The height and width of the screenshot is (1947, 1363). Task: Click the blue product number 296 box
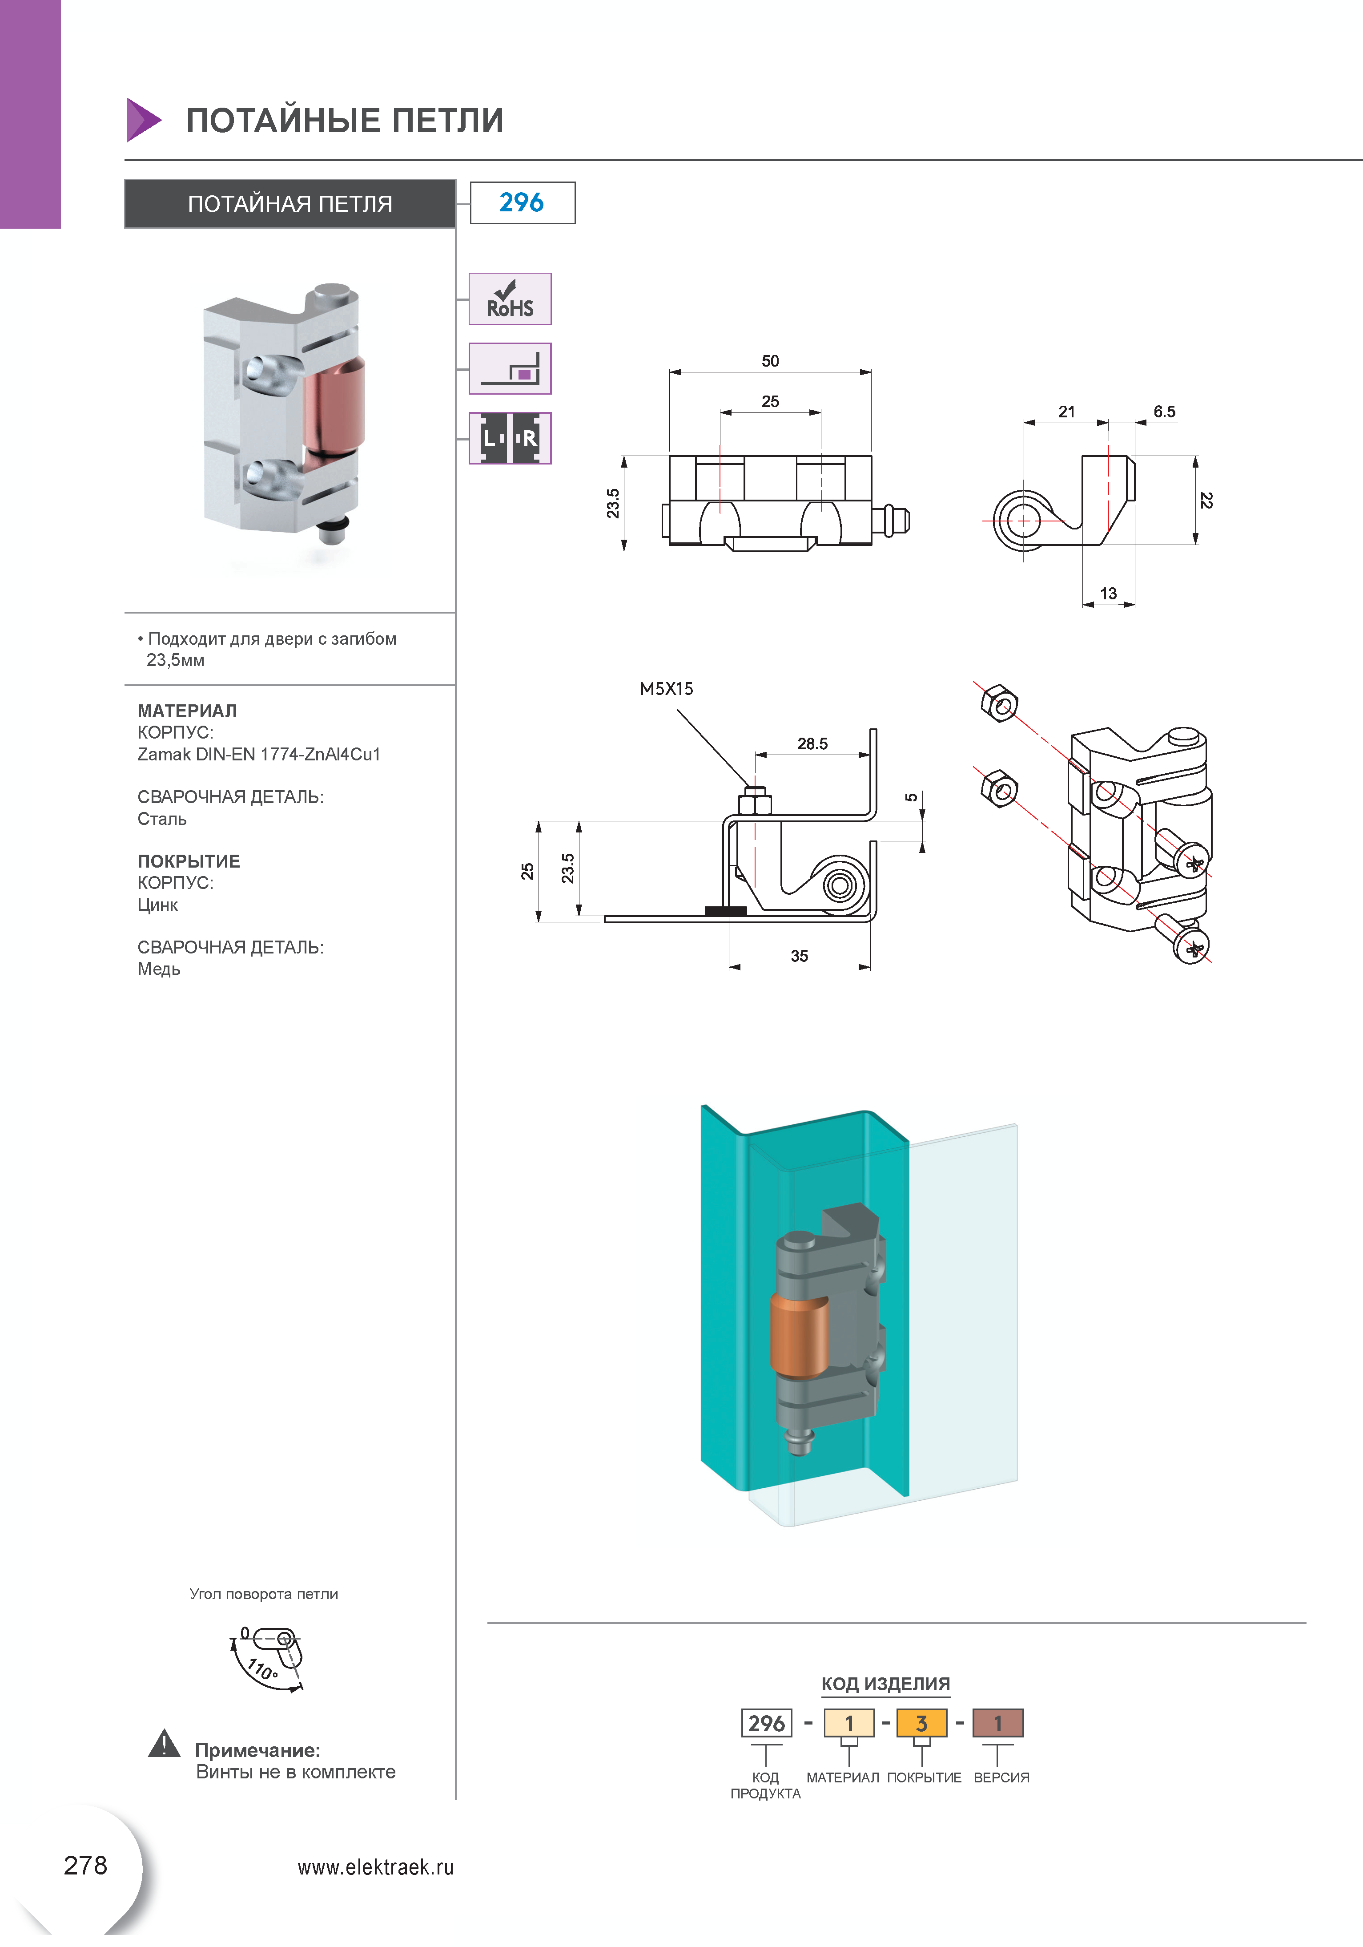point(522,203)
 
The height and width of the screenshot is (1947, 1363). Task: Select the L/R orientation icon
point(510,438)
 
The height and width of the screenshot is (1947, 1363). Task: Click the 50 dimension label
point(770,361)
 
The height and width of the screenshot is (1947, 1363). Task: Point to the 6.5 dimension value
point(1164,412)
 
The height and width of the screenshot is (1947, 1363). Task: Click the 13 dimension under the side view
point(1108,594)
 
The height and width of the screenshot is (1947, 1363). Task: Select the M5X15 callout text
point(666,689)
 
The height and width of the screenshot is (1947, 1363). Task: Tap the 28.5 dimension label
point(812,743)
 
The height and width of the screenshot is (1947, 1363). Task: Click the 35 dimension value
point(799,956)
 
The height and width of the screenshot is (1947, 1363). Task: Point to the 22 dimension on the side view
point(1206,500)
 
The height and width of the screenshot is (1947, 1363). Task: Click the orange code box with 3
point(921,1723)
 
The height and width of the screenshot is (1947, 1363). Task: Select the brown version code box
point(997,1723)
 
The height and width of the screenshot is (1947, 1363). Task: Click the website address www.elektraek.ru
point(375,1867)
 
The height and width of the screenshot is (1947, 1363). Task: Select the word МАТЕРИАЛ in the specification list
point(187,711)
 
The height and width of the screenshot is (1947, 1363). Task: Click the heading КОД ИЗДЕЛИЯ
point(885,1684)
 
